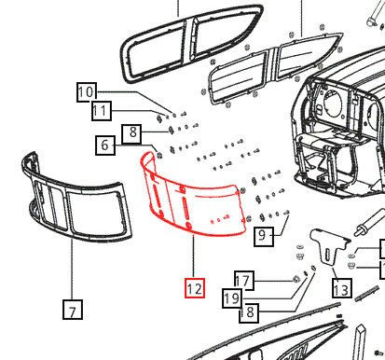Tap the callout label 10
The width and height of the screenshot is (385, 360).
[x=86, y=91]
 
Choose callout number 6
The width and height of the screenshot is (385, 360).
[x=106, y=145]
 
